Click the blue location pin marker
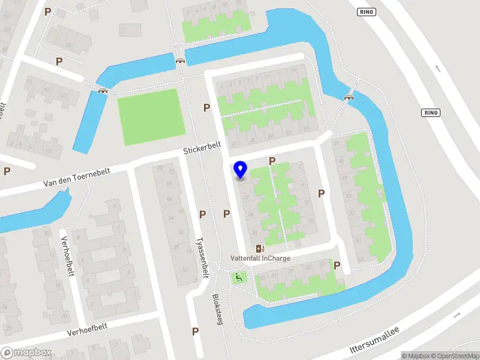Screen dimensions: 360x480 click(241, 170)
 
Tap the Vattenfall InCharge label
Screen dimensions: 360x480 click(260, 259)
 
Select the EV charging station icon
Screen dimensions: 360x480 click(260, 248)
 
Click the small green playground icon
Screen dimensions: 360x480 click(239, 277)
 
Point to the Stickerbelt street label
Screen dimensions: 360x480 click(203, 148)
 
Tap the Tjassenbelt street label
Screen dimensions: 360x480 click(202, 254)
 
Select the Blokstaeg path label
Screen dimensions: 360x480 click(218, 309)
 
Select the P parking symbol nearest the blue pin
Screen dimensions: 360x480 click(272, 161)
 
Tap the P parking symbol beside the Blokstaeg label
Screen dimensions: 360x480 click(195, 331)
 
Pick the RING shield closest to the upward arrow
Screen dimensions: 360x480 click(431, 112)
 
